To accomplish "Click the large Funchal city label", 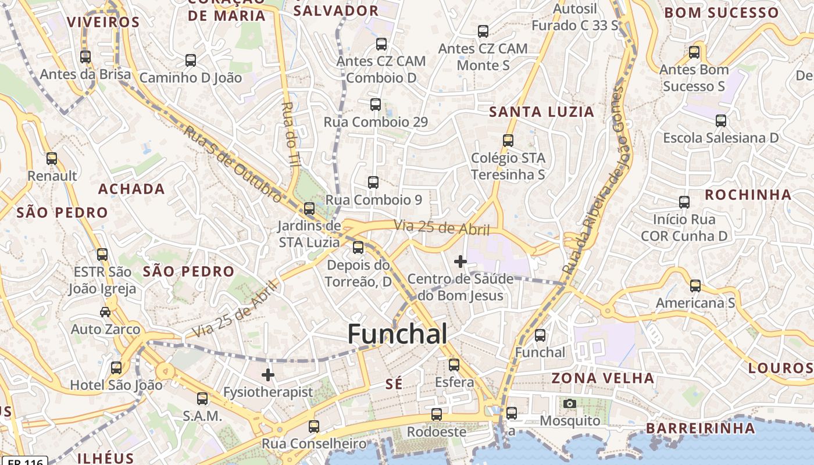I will coord(398,334).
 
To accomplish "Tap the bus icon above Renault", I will coord(52,159).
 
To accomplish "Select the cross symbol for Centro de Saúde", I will coord(460,262).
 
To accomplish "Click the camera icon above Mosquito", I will coord(570,403).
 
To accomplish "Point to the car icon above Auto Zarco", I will coord(105,312).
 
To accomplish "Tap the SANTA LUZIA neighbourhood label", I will coord(542,112).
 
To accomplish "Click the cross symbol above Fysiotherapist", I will coord(268,375).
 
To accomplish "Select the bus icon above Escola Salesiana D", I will coord(721,121).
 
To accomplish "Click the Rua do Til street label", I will coord(290,135).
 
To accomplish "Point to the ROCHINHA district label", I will coord(748,195).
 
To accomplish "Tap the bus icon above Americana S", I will coord(695,286).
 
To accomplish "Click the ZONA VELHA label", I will coord(603,378).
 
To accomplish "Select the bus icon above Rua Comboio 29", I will coord(376,105).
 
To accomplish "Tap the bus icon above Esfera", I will coord(454,365).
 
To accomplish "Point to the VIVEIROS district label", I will coord(103,23).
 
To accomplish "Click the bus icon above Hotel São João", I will coord(116,368).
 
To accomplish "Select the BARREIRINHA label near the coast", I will coord(700,428).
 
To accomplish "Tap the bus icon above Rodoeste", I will coord(437,414).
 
